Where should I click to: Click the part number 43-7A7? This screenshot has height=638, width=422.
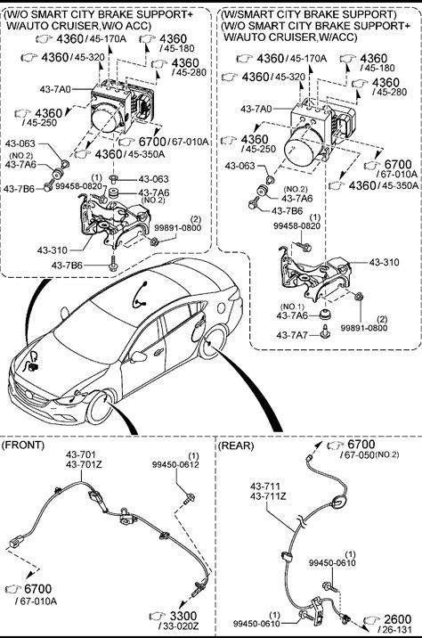coord(292,335)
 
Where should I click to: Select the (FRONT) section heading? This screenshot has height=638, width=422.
coord(23,445)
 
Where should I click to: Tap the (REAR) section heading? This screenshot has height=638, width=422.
coord(236,446)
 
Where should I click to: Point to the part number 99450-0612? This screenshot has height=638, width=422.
coord(175,464)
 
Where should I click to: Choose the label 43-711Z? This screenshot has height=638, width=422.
coord(268,496)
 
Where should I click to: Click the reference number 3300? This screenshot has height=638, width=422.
coord(183,616)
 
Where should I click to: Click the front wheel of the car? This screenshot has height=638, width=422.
coord(101,408)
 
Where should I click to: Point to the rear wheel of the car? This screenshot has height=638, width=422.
coord(214,342)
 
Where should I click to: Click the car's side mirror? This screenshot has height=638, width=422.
coord(139,356)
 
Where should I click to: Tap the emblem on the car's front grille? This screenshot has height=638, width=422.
coord(28,394)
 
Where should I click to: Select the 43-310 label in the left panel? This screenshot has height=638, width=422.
coord(53,249)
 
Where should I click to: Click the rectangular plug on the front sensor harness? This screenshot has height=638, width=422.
coord(15,542)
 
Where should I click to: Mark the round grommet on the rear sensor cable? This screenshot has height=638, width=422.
coord(337,503)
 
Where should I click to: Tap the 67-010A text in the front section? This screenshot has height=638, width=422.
coord(37,601)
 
